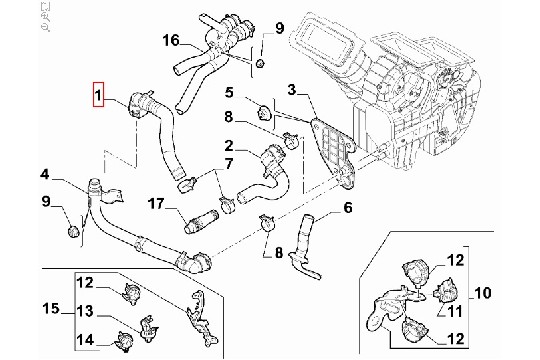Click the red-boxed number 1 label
click(x=98, y=94)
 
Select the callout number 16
click(x=171, y=40)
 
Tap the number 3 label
click(x=292, y=90)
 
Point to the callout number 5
click(x=229, y=92)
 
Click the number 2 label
click(x=229, y=146)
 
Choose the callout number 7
click(x=229, y=163)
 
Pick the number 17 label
click(x=156, y=204)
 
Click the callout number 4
click(x=45, y=174)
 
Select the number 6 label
click(x=348, y=207)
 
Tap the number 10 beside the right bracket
click(x=483, y=293)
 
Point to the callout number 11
click(x=455, y=311)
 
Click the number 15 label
click(x=51, y=308)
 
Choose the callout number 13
click(x=85, y=311)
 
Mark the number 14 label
click(x=85, y=340)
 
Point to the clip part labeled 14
click(x=123, y=342)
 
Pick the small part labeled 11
click(x=445, y=290)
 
